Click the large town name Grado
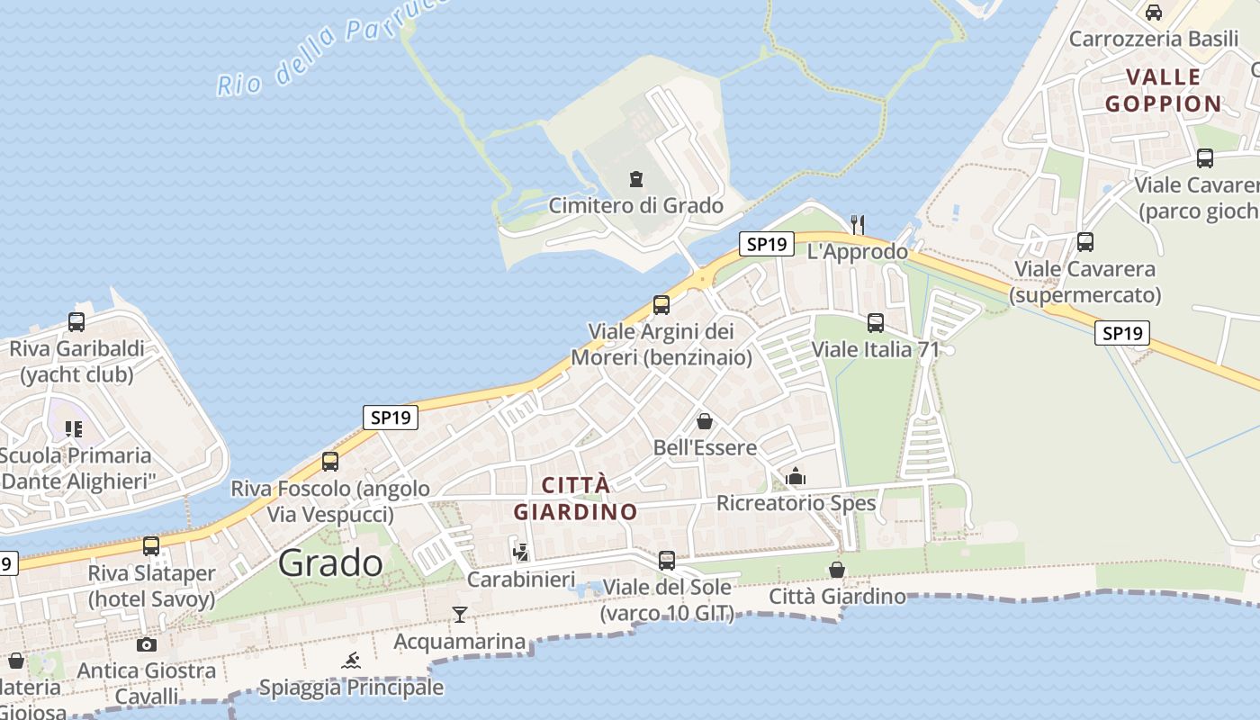[x=330, y=562]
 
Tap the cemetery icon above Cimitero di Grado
[x=636, y=178]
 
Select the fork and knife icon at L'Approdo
[x=858, y=223]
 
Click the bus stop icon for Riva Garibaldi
[x=76, y=321]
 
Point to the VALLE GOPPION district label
[x=1163, y=90]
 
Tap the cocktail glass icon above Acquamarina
[x=460, y=614]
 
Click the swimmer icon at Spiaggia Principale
[x=352, y=661]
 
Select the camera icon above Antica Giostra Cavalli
[x=146, y=643]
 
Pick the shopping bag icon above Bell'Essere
[x=705, y=420]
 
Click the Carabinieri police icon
[x=520, y=551]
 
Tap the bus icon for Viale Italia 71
[x=875, y=322]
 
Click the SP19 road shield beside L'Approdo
[x=767, y=243]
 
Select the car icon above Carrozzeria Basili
[x=1153, y=12]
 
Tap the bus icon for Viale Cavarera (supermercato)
[x=1084, y=241]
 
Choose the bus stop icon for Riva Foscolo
[x=330, y=461]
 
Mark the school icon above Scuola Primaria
[x=74, y=428]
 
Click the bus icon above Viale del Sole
[x=666, y=560]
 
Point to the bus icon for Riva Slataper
[x=151, y=545]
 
